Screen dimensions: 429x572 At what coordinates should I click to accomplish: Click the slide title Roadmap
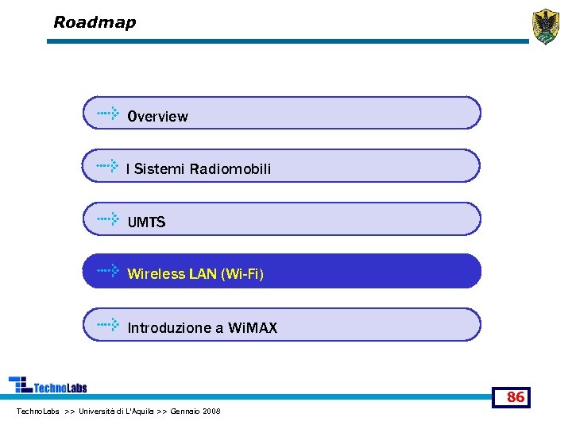(95, 22)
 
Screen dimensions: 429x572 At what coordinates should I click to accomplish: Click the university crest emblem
(545, 26)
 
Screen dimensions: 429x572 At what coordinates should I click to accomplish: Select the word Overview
(158, 117)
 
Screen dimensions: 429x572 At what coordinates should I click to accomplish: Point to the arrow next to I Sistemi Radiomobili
(108, 166)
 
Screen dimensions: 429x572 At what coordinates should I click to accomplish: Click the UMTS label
(147, 222)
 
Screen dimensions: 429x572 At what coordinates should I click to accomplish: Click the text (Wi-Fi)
(242, 275)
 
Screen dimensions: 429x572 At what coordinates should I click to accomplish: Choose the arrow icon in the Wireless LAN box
(108, 271)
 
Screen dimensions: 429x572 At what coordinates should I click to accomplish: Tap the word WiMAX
(253, 328)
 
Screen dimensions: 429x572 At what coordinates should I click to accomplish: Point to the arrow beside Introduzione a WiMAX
(108, 324)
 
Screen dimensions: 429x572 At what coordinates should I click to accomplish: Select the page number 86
(516, 397)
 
